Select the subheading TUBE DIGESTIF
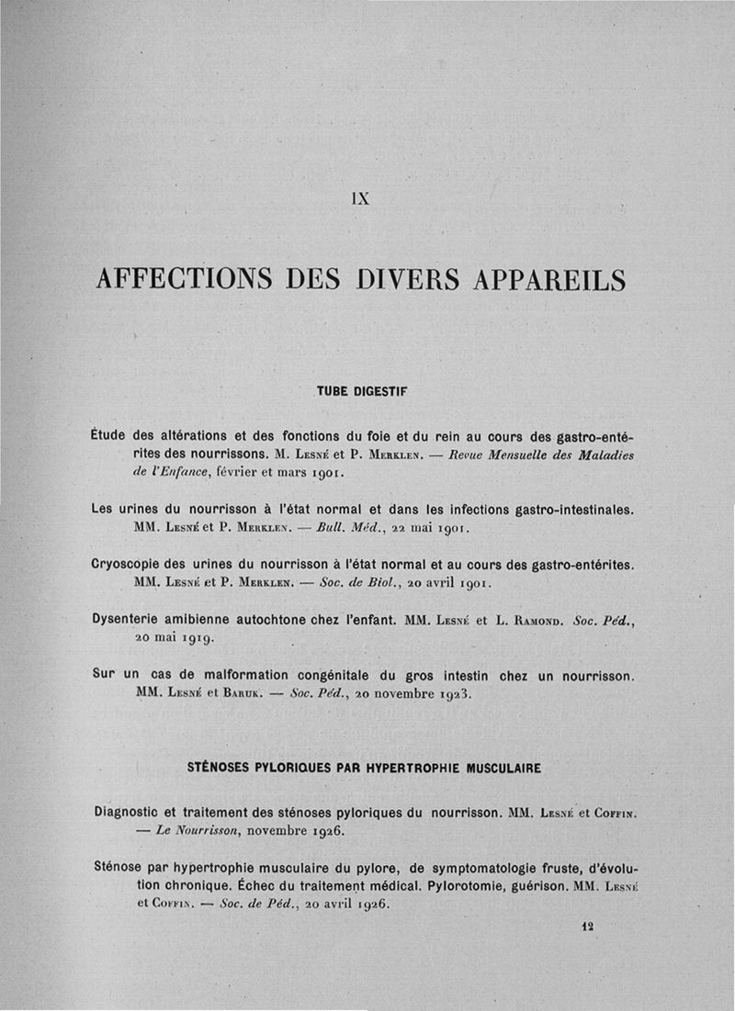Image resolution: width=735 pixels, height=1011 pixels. tap(361, 390)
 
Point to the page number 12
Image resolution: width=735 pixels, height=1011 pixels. tap(587, 927)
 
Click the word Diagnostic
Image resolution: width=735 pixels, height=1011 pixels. tap(131, 813)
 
